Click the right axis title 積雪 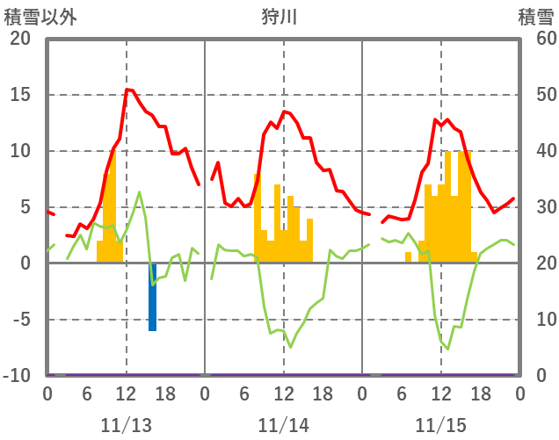(x=535, y=17)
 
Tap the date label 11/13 (x=125, y=426)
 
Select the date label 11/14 (x=283, y=426)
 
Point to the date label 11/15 (x=440, y=426)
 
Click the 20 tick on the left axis (x=20, y=39)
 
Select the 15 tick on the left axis (x=20, y=95)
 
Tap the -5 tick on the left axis (x=20, y=320)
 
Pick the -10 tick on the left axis (x=17, y=376)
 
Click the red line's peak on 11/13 (x=127, y=90)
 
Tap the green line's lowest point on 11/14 (x=290, y=348)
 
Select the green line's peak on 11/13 (x=139, y=191)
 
